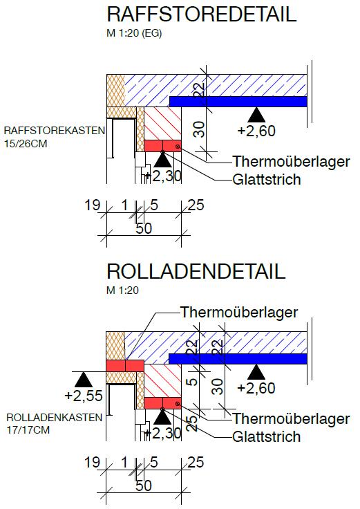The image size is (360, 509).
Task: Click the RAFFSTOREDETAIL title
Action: (201, 14)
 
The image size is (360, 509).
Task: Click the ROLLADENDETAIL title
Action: (196, 271)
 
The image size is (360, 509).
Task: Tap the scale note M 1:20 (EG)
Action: (134, 33)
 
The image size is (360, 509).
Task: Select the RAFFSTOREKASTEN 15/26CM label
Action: (55, 137)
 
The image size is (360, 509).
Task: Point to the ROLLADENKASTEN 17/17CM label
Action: (54, 424)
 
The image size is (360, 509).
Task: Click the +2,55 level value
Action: (84, 396)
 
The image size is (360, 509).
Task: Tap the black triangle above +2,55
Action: (84, 380)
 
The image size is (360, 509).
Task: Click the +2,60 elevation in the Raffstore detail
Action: (256, 131)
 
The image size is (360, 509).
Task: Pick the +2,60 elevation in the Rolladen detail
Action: (256, 388)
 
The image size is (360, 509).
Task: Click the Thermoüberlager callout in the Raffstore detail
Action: (291, 161)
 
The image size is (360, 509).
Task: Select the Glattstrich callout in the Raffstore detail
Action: (267, 180)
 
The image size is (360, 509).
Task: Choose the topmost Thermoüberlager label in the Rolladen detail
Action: (239, 313)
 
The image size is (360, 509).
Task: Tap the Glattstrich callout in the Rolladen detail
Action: (267, 436)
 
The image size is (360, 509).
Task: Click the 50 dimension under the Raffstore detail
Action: (144, 228)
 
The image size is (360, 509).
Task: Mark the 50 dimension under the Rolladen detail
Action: (144, 485)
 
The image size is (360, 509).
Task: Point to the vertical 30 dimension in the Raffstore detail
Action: (200, 129)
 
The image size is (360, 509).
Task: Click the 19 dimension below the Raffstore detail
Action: (93, 205)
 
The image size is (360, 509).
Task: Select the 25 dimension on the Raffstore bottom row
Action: (196, 205)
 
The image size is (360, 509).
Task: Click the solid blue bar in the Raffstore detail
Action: (238, 102)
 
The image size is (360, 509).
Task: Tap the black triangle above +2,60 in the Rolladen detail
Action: (256, 372)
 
